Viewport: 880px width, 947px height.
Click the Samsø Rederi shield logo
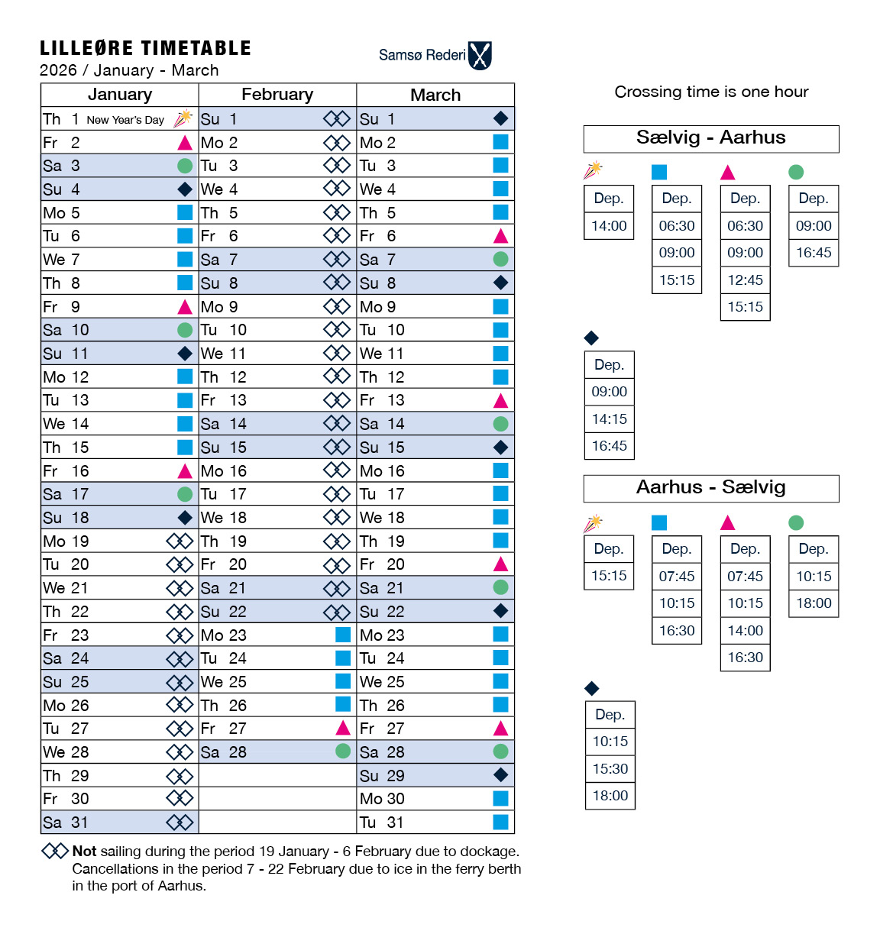[480, 56]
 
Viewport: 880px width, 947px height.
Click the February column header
[277, 95]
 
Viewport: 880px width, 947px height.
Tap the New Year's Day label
[125, 120]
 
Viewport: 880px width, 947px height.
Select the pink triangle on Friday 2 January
[185, 143]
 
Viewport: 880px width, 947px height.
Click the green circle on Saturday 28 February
[343, 751]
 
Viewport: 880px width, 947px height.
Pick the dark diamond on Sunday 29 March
[500, 775]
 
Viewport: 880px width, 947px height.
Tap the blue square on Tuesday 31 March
[500, 822]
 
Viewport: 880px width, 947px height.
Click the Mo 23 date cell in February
[225, 635]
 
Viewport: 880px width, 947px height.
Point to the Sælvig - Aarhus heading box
[711, 138]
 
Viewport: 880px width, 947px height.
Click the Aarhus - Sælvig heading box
[711, 488]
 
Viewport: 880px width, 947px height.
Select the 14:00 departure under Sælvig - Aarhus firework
[609, 226]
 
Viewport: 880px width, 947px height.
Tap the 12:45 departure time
[745, 280]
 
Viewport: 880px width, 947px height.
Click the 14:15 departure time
[609, 419]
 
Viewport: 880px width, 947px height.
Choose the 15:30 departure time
[610, 769]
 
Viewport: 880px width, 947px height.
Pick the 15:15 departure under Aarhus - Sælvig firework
[609, 576]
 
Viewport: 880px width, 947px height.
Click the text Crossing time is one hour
[711, 92]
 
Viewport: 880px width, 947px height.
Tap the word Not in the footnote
[84, 851]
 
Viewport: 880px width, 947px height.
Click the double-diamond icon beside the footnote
[55, 851]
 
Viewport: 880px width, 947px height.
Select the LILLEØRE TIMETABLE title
[145, 48]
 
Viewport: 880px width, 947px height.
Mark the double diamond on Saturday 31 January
[180, 823]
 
